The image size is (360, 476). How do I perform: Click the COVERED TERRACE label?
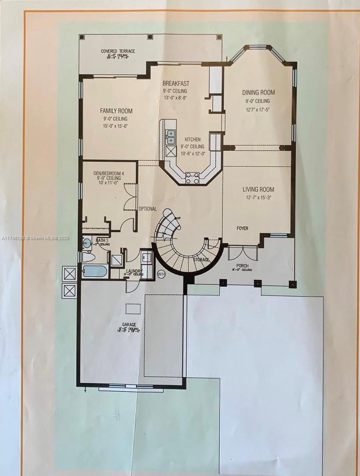coord(118,52)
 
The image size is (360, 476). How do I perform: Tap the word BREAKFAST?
coord(176,84)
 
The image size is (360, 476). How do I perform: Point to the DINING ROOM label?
coord(258,92)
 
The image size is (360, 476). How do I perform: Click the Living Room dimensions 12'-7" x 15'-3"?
coord(258,198)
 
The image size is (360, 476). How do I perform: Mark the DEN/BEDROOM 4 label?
coord(109,174)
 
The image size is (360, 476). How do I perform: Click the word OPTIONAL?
coord(147,209)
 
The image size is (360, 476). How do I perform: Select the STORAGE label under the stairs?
coord(201,260)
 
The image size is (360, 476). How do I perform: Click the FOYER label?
coord(243,229)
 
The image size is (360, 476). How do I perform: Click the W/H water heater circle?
coord(161,274)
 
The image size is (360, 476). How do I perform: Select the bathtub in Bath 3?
coord(94,271)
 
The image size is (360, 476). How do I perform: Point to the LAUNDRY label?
coord(133,271)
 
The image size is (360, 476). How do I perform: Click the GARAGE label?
coord(128,325)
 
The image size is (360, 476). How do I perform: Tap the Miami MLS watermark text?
coord(36,238)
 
